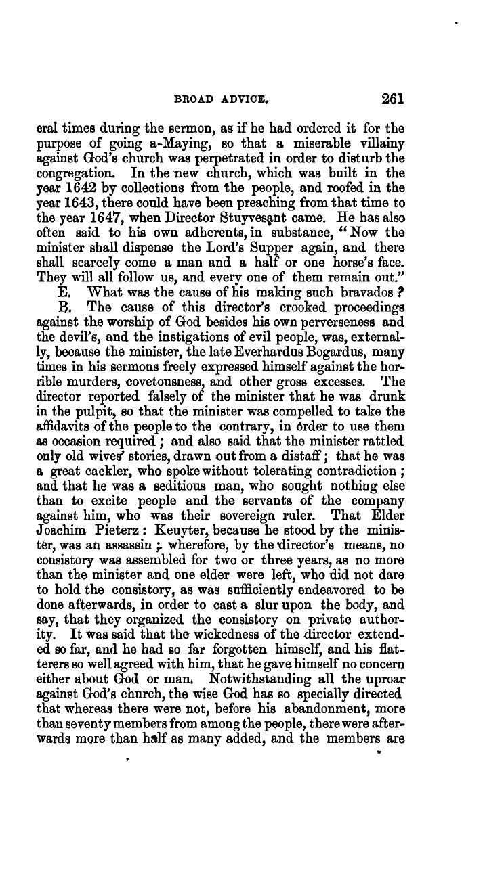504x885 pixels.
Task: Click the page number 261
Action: coord(392,98)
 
